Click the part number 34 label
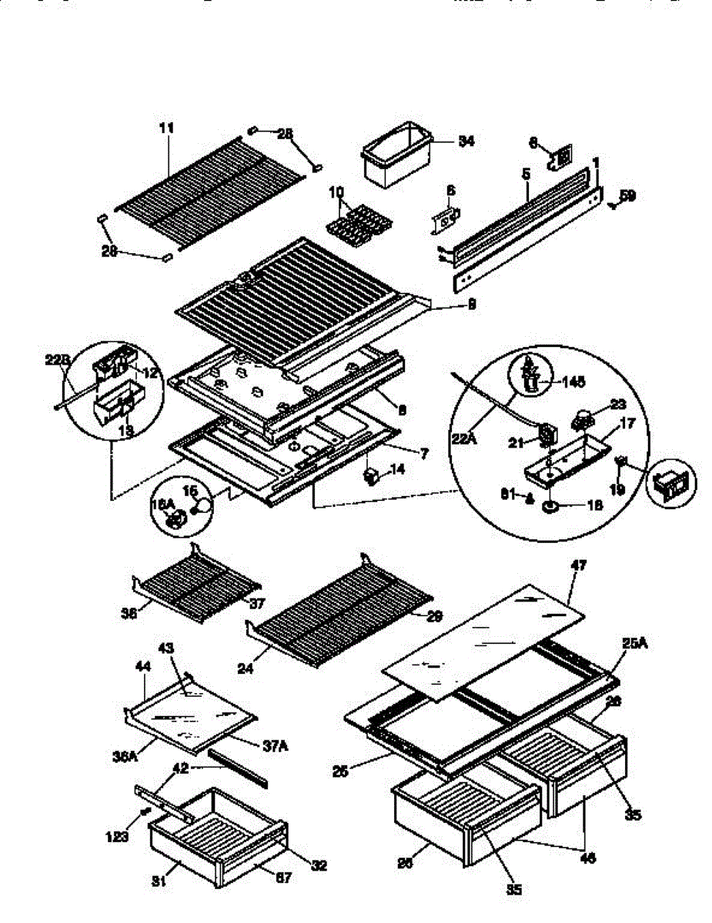[466, 141]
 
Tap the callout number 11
[166, 128]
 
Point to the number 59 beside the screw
[628, 196]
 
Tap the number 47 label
[579, 565]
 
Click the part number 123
[118, 837]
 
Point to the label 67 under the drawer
[283, 878]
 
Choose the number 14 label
[397, 468]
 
